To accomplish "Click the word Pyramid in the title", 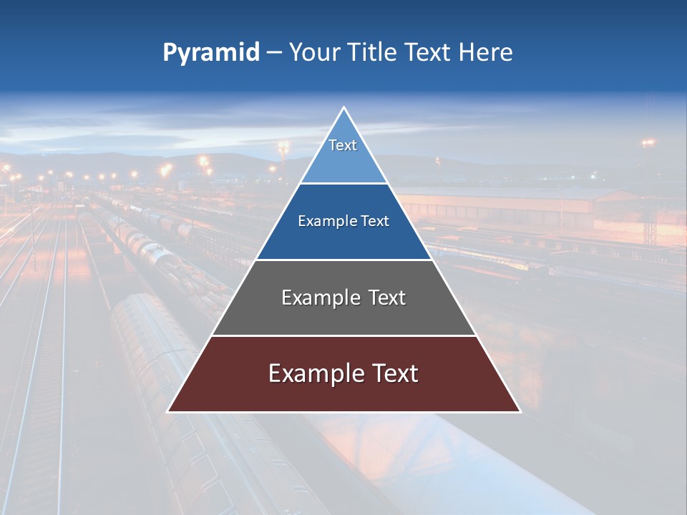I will click(210, 53).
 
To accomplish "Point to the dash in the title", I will click(273, 53).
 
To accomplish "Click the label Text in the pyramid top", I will click(343, 145).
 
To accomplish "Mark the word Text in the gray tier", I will click(386, 298).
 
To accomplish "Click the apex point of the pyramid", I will click(343, 108).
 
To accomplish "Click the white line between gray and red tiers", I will click(343, 335).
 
